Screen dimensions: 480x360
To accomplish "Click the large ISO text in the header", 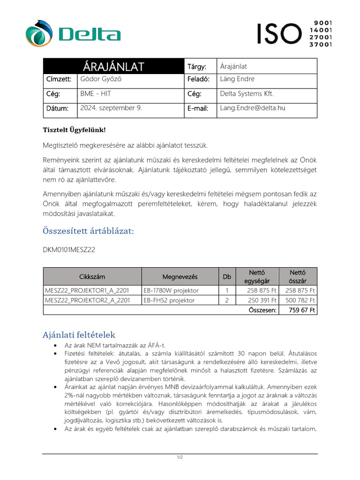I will (279, 34).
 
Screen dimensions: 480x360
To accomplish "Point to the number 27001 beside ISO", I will (321, 37).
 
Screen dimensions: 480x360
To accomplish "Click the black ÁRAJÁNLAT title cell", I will (113, 66).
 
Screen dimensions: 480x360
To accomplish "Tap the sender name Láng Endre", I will (237, 79).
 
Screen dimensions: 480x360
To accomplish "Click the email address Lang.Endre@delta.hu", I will (253, 108).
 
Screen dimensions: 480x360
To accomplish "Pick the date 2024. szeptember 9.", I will (111, 108).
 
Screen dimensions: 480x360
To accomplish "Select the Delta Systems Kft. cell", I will (247, 94).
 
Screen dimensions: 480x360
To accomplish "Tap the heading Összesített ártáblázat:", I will (88, 231).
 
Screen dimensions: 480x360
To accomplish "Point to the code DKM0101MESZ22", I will (69, 250).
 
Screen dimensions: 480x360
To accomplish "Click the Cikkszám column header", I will (92, 277).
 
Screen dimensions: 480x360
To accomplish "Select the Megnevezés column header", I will (180, 277).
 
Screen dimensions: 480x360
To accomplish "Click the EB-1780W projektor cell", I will (171, 291).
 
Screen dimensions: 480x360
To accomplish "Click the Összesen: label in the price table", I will (263, 310).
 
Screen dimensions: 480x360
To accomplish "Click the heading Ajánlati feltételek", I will (79, 335).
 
